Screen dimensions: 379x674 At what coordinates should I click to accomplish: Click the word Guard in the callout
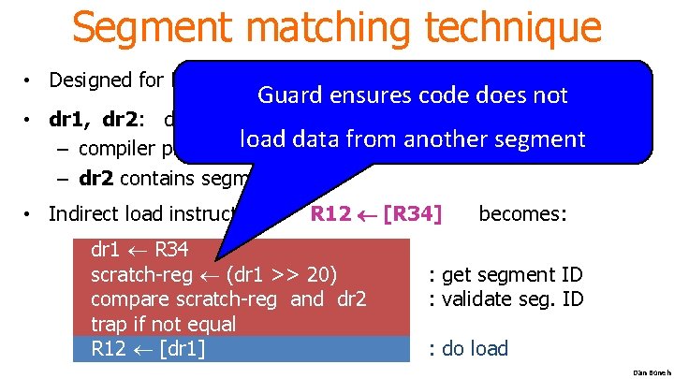289,95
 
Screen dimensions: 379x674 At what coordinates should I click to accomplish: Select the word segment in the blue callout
529,139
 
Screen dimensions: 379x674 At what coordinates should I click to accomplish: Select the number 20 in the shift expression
316,275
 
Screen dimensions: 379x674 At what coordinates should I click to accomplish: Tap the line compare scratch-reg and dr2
228,299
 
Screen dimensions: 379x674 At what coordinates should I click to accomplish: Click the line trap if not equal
163,324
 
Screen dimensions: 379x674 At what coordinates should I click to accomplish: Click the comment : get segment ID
505,275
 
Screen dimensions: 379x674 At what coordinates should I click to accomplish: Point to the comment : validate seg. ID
506,299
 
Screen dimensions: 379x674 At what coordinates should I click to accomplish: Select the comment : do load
467,348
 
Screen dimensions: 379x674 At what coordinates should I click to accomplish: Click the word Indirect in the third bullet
83,213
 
